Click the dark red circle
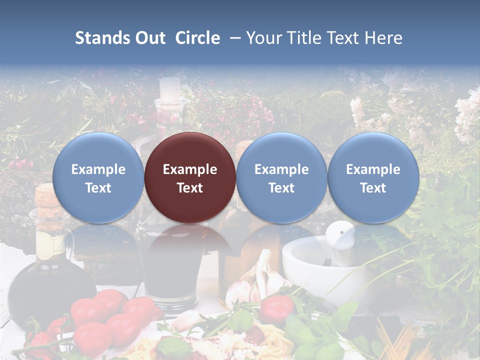[190, 177]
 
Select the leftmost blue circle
[98, 177]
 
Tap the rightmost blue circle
[373, 177]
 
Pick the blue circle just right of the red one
[281, 177]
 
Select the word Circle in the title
[197, 38]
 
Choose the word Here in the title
[383, 38]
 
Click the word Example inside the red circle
[190, 169]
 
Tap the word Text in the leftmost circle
[98, 187]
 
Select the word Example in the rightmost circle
[373, 169]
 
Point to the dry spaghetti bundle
[400, 340]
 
